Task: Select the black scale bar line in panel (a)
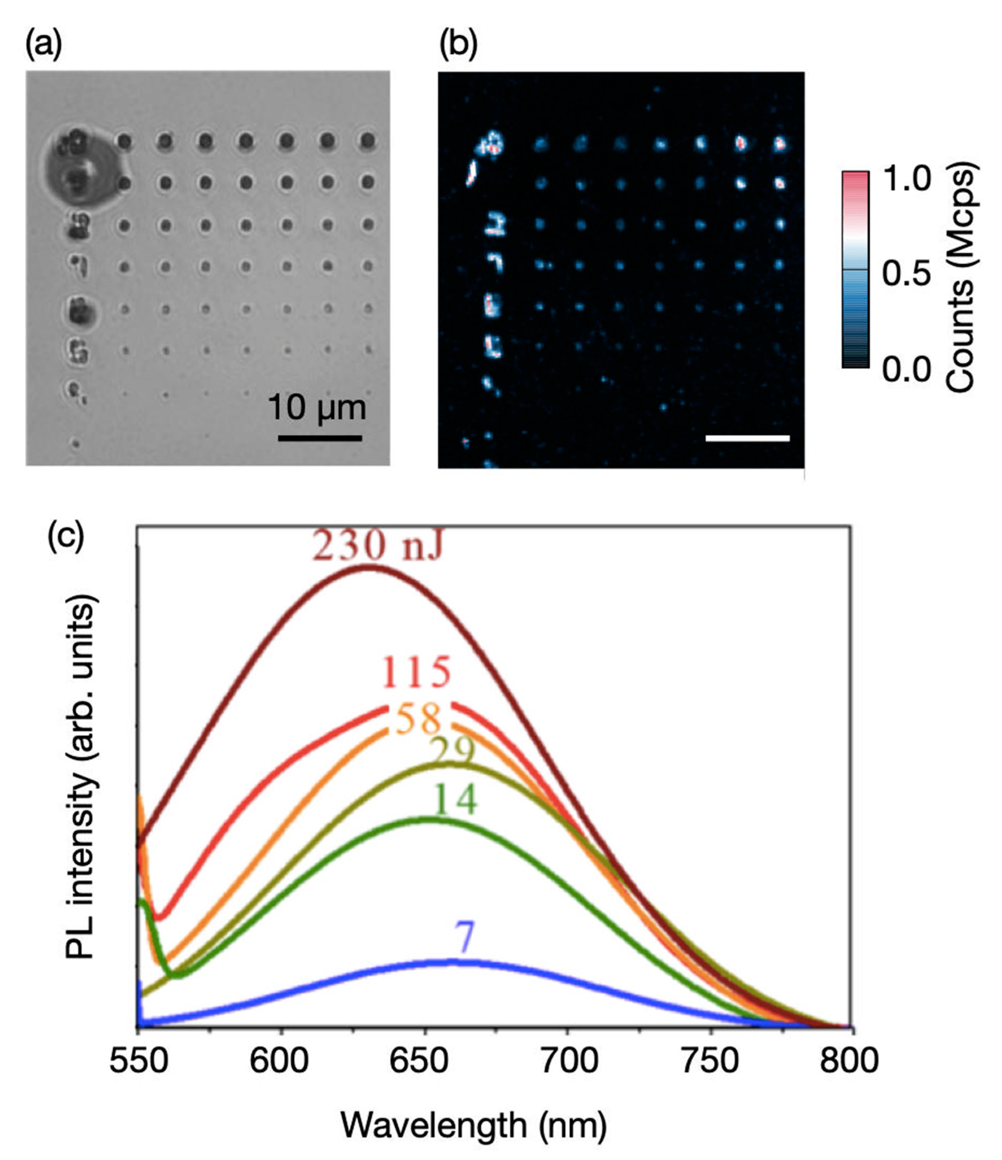(320, 438)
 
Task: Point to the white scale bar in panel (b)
(747, 438)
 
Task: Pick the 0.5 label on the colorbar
(907, 274)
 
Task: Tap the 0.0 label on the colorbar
(907, 370)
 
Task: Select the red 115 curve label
(417, 672)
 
